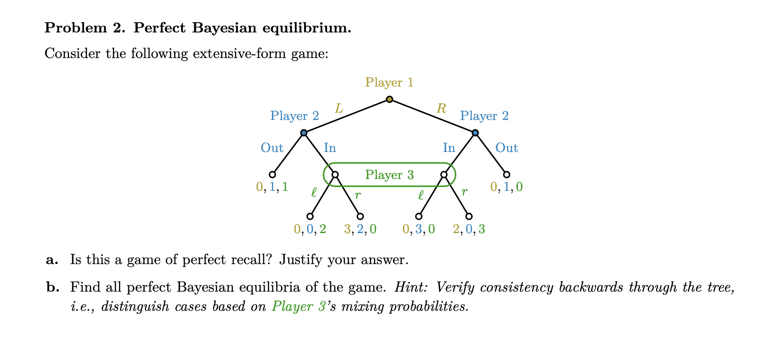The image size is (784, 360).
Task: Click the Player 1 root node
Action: pyautogui.click(x=390, y=99)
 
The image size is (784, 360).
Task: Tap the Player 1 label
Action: pyautogui.click(x=389, y=82)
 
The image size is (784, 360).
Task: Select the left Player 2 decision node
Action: pyautogui.click(x=303, y=133)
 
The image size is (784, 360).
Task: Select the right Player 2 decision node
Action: pyautogui.click(x=475, y=133)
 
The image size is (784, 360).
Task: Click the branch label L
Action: pyautogui.click(x=338, y=108)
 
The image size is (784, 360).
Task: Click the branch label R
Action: pyautogui.click(x=441, y=108)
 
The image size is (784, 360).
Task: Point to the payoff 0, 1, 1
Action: pyautogui.click(x=272, y=187)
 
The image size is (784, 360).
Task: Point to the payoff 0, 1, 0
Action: pyautogui.click(x=507, y=187)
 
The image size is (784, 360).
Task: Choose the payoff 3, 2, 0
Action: pyautogui.click(x=360, y=229)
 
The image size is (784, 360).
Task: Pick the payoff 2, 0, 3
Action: pyautogui.click(x=469, y=229)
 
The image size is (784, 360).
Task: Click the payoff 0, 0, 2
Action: pyautogui.click(x=310, y=229)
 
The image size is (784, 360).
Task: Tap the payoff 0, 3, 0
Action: pyautogui.click(x=419, y=229)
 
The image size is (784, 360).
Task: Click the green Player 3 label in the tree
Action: pyautogui.click(x=389, y=175)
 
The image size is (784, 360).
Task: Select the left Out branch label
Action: pyautogui.click(x=272, y=148)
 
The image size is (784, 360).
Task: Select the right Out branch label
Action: pyautogui.click(x=507, y=148)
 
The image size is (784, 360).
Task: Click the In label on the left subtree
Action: pyautogui.click(x=330, y=148)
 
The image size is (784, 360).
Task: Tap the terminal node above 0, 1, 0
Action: pyautogui.click(x=507, y=175)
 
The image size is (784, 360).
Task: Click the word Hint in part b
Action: pyautogui.click(x=409, y=287)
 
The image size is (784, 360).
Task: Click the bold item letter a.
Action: pyautogui.click(x=52, y=260)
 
